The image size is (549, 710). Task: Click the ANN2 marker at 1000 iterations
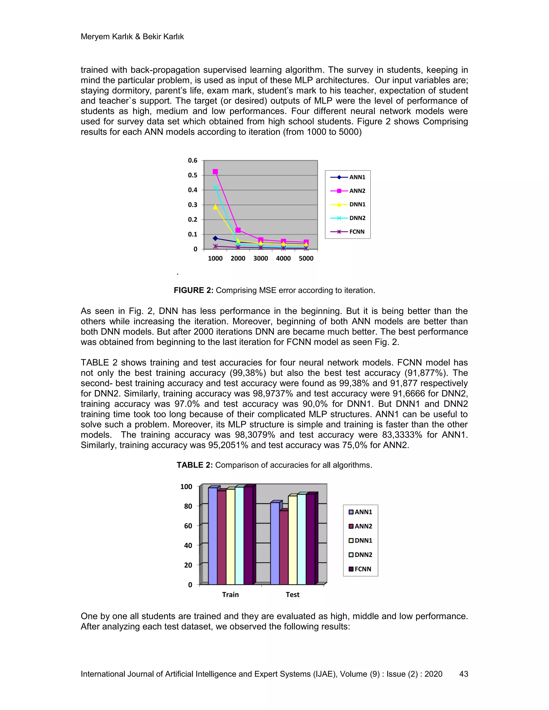pos(215,172)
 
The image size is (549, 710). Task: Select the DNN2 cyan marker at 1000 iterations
pos(215,188)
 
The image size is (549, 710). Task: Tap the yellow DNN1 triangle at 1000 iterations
pos(215,207)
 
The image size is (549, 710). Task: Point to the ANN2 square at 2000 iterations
pos(238,230)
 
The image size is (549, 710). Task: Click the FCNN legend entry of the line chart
pos(348,232)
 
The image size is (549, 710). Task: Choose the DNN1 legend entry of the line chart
pos(348,204)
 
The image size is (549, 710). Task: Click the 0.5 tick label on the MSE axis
pos(192,175)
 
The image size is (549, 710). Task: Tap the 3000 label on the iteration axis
pos(261,259)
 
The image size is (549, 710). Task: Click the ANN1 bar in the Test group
pos(275,544)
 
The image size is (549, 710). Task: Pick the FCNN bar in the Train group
pos(248,535)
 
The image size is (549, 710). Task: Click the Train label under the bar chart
pos(230,595)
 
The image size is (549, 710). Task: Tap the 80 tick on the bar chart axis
pos(188,506)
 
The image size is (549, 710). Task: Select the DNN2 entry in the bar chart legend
pos(360,555)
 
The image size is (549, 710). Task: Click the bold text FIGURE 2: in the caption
pos(193,290)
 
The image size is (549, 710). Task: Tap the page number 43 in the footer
pos(463,674)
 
